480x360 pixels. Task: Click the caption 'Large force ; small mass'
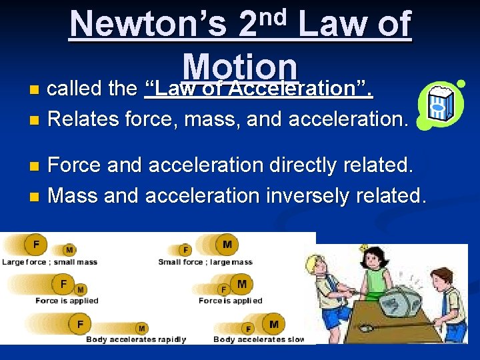tap(49, 262)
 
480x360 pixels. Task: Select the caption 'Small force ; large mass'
tap(205, 262)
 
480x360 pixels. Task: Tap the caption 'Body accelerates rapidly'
tap(136, 339)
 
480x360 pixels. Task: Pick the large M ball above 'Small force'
tap(227, 245)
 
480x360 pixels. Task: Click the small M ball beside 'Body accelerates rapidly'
tap(141, 328)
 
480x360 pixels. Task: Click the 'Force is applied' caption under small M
tap(67, 301)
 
